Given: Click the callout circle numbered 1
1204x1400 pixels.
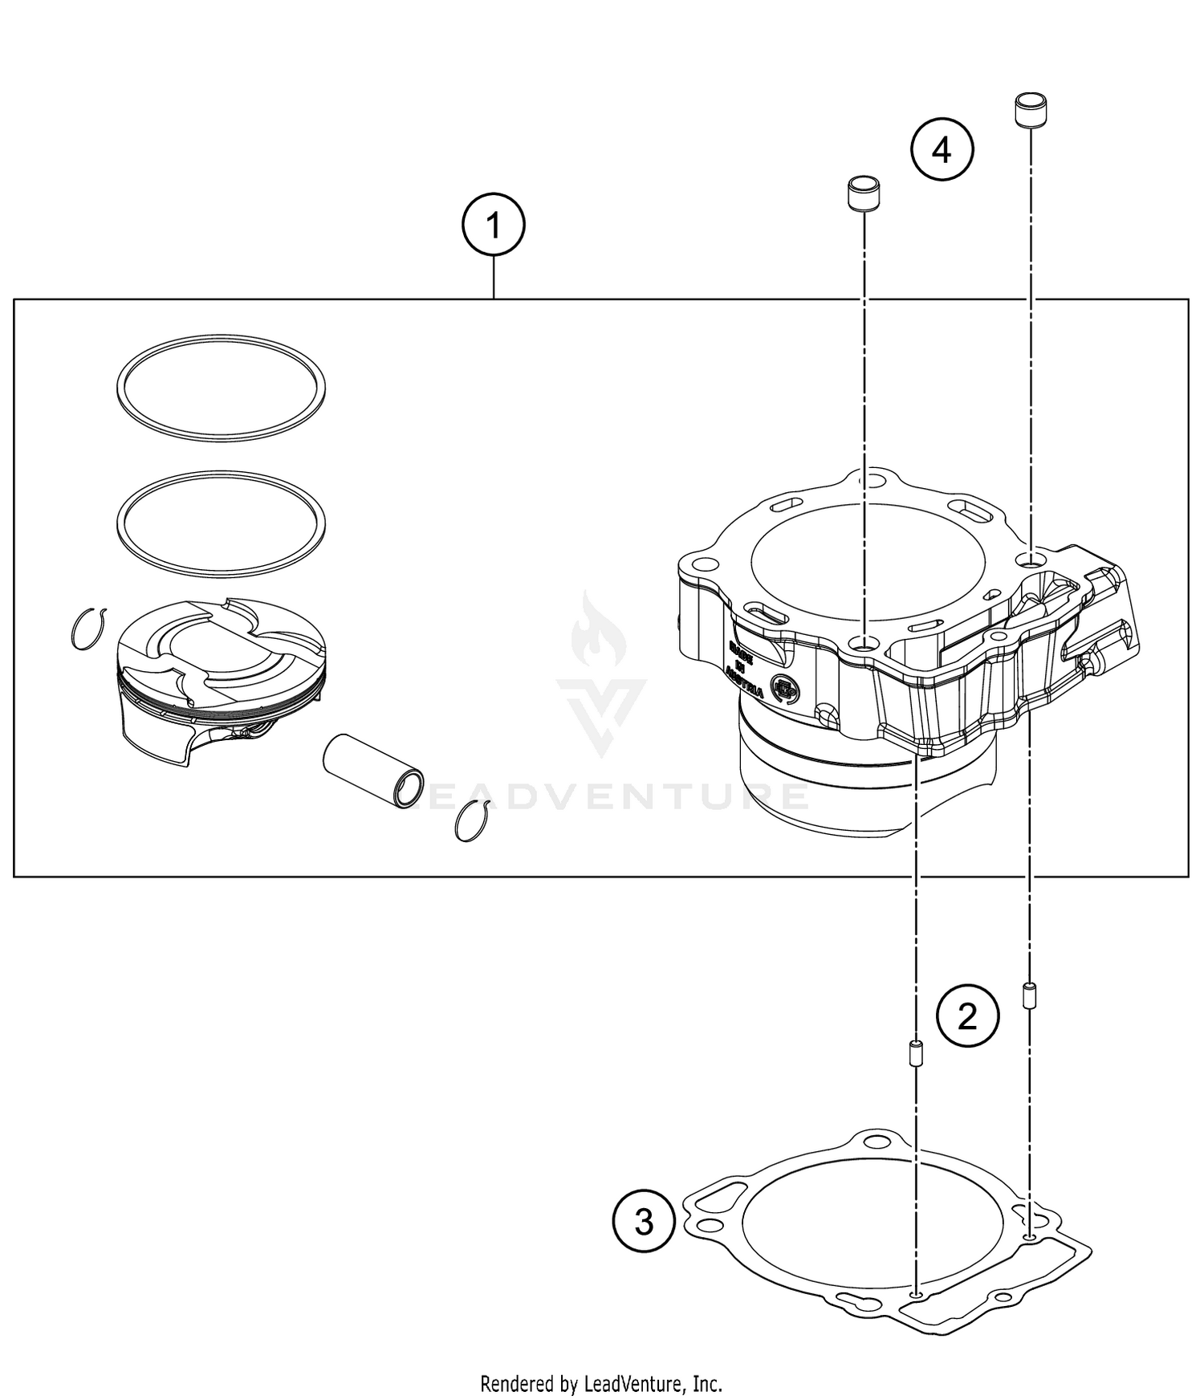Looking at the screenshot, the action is [x=493, y=226].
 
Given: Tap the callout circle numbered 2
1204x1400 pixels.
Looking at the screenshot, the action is [x=967, y=1016].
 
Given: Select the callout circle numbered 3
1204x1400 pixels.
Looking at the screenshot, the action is [x=644, y=1222].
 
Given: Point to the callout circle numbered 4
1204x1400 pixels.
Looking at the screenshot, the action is [x=942, y=150].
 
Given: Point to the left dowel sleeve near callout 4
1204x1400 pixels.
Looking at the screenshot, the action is [x=864, y=193].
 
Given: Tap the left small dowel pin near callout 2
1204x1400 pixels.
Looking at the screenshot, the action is [x=914, y=1053].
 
